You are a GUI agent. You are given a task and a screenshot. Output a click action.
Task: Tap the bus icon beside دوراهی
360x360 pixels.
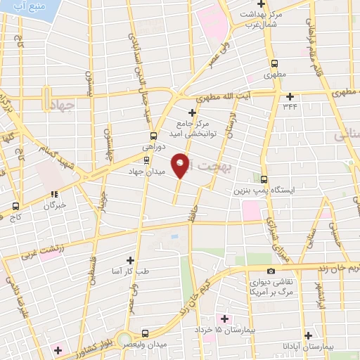[x=153, y=136]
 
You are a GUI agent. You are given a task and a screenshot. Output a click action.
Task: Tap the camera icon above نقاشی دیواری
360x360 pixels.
[x=271, y=271]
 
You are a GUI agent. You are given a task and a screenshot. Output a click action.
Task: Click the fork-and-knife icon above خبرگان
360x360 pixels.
[x=54, y=193]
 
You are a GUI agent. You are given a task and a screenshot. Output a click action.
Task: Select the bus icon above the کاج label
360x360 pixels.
[x=15, y=207]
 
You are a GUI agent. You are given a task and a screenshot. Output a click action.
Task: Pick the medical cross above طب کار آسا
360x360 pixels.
[x=129, y=259]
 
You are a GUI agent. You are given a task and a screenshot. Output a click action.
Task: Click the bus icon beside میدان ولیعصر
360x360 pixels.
[x=145, y=334]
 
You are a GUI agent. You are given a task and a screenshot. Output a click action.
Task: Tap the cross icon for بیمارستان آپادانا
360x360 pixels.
[x=307, y=335]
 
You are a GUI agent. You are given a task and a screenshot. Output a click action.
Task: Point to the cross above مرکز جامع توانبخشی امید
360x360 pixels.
[x=192, y=112]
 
